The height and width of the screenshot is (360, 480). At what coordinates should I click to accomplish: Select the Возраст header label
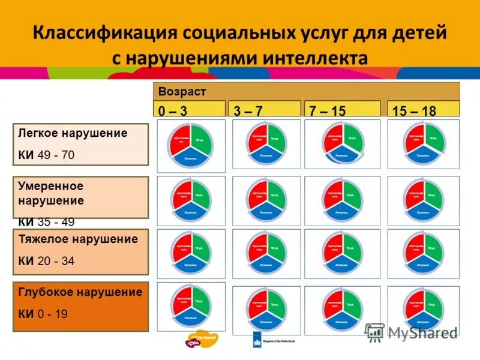[182, 91]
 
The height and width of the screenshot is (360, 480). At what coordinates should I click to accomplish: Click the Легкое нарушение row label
[73, 133]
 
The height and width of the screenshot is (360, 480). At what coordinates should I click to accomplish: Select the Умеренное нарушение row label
[50, 193]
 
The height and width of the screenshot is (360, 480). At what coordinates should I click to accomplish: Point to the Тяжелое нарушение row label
[78, 239]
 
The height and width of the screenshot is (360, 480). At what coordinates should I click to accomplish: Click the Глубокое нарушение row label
[80, 292]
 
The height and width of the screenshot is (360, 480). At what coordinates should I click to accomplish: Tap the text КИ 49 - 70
[46, 155]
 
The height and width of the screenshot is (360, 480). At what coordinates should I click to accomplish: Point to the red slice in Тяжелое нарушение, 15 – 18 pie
[414, 247]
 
